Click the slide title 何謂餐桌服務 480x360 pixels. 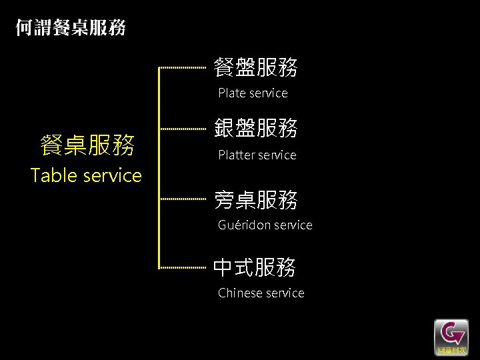(x=71, y=28)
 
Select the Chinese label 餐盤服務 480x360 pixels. (x=255, y=67)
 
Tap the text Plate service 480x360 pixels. (x=253, y=93)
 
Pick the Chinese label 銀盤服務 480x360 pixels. (x=255, y=128)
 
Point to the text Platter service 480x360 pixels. (x=257, y=155)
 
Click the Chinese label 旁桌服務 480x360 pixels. (x=255, y=199)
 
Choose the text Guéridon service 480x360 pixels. (x=265, y=225)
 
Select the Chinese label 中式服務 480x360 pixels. (x=255, y=267)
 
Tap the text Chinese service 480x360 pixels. (x=261, y=293)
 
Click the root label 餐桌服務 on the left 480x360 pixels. (x=87, y=145)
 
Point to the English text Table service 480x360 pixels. (x=87, y=175)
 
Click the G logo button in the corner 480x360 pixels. (x=451, y=335)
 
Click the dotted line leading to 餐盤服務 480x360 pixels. (x=183, y=67)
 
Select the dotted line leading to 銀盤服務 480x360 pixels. (x=183, y=128)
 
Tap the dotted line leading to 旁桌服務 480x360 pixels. (x=183, y=199)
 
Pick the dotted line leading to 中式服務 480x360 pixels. (x=183, y=267)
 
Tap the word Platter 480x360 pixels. (x=237, y=155)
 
